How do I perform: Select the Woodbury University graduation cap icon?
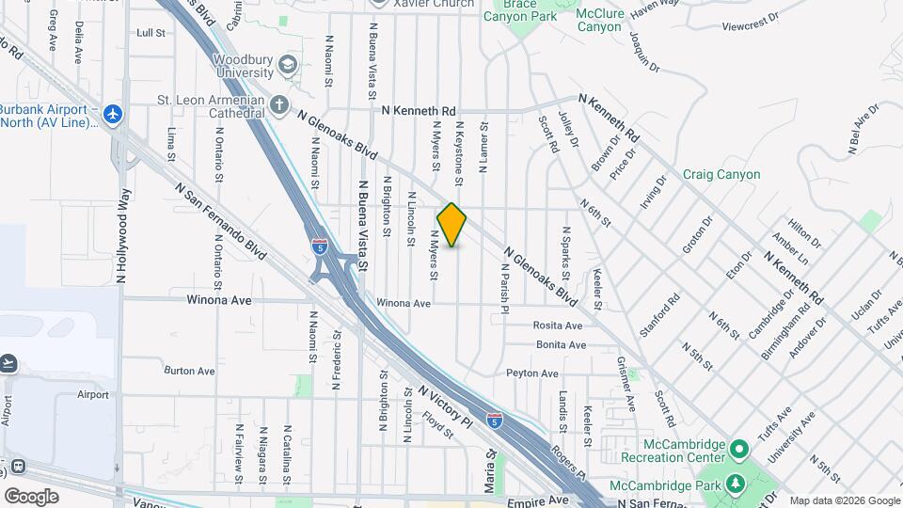tap(287, 65)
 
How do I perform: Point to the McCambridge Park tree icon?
tap(736, 485)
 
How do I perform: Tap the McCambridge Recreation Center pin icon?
tap(739, 445)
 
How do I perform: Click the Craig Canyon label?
tap(721, 174)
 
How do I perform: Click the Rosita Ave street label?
tap(558, 325)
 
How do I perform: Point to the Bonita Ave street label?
tap(560, 345)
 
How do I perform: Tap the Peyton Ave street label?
tap(532, 373)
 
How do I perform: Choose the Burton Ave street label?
tap(190, 371)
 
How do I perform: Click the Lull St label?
tap(150, 32)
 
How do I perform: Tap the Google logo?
tap(31, 496)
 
